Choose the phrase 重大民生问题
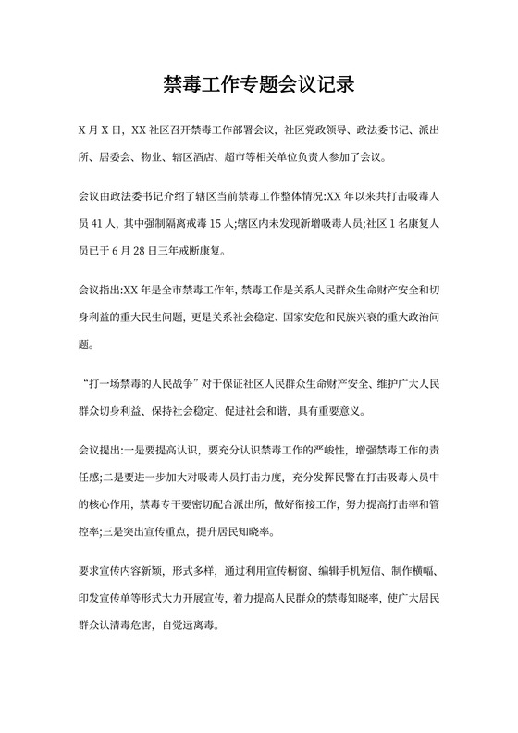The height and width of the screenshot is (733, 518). tap(163, 318)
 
